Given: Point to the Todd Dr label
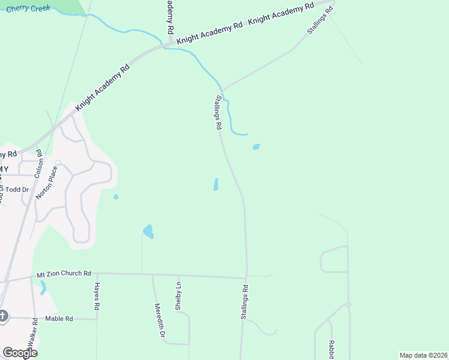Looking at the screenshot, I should point(16,190).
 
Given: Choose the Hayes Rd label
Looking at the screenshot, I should point(97,296).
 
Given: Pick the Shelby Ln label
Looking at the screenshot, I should point(178,296).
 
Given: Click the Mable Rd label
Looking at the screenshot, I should point(59,319).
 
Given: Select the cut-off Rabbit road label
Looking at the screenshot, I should point(331,350).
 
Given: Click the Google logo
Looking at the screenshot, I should point(20,353).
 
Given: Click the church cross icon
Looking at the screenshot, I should point(3,316).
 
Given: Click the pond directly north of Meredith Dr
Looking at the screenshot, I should point(148,231).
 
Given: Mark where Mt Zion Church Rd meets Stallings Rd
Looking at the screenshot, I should point(246,278).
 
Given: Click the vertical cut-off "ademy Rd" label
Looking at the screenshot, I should point(170,17).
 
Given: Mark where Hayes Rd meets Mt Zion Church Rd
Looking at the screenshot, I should point(96,274).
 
